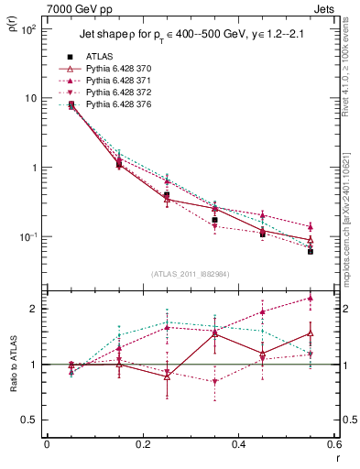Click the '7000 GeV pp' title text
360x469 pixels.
[77, 7]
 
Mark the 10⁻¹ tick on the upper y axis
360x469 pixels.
[28, 236]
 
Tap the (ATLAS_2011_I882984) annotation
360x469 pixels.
[190, 274]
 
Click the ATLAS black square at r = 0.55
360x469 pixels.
[310, 250]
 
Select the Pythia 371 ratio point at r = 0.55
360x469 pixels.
[310, 298]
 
